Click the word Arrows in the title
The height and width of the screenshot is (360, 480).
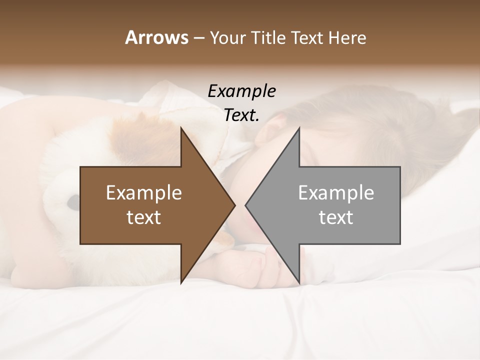pos(156,38)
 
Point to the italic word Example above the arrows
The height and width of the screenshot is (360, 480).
pos(241,91)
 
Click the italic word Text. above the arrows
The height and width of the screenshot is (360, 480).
pos(241,115)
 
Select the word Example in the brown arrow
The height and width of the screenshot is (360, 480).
pos(144,193)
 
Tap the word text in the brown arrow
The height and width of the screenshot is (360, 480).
pos(144,217)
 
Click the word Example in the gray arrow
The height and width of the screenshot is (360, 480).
pos(336,193)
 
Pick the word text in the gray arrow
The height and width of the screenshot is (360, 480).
pos(336,217)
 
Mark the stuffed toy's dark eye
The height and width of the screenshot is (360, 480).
pos(73,201)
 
